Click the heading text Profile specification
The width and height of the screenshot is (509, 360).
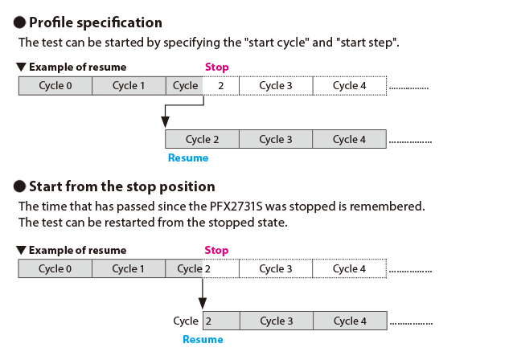[96, 22]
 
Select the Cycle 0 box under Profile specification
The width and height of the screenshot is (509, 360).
[55, 86]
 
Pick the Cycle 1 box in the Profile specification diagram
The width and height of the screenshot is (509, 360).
[129, 86]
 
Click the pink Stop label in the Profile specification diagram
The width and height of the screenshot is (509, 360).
[217, 67]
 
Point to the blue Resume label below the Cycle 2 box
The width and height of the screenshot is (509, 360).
[187, 158]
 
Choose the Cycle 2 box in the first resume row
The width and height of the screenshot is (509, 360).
[202, 139]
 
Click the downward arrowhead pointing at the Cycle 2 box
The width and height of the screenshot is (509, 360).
[165, 121]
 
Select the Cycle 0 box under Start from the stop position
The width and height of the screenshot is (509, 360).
[55, 268]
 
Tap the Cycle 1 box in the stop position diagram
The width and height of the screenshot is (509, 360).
[129, 268]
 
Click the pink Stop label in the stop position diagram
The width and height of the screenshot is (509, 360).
[217, 250]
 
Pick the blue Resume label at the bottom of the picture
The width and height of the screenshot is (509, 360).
[203, 340]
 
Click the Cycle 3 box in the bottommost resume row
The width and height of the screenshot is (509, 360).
[276, 321]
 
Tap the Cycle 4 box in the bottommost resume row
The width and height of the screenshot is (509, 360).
[349, 321]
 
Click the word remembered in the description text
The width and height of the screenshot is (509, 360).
[391, 206]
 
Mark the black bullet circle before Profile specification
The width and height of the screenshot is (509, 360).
[21, 22]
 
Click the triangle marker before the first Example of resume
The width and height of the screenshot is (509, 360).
[20, 67]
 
